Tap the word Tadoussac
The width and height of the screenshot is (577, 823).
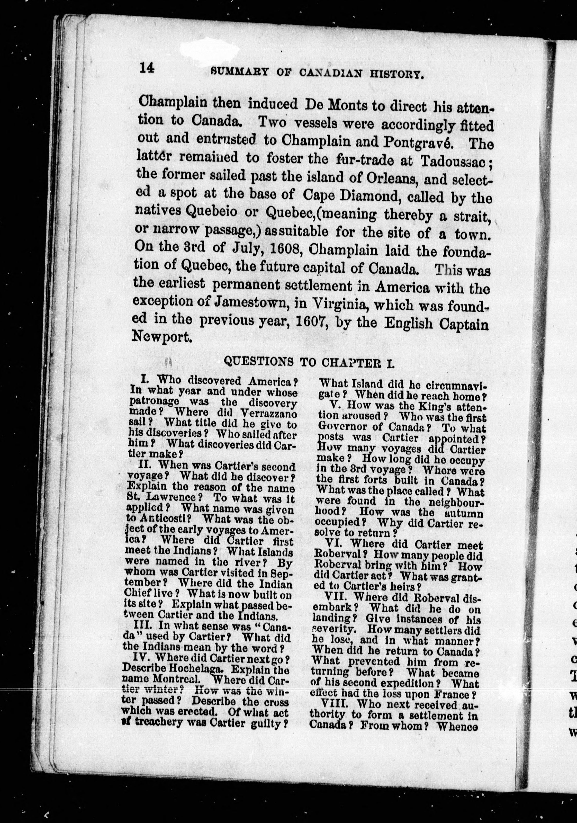[x=453, y=161]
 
